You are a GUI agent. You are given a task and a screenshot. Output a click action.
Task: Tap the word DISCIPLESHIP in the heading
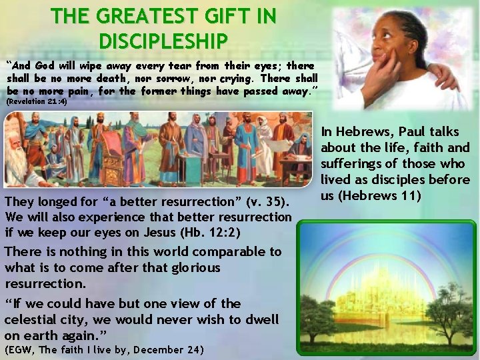point(163,41)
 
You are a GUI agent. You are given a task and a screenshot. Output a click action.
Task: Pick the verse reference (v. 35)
point(271,201)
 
